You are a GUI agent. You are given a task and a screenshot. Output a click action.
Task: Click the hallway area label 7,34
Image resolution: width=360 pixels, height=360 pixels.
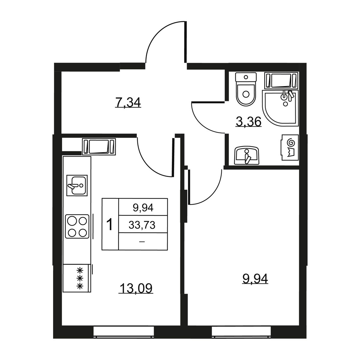[x=128, y=103]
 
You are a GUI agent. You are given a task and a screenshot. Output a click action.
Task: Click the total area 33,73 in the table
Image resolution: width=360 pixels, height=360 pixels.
[x=142, y=225]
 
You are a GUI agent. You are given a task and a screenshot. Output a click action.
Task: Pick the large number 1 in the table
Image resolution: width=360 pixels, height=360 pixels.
[x=110, y=225]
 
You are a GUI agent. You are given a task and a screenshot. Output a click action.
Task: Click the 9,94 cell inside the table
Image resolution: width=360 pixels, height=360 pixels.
[x=143, y=208]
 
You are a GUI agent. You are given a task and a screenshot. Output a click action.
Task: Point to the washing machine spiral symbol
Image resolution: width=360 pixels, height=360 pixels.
[x=291, y=143]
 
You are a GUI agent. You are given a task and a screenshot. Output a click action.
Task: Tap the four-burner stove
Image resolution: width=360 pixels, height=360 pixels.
[x=77, y=226]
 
